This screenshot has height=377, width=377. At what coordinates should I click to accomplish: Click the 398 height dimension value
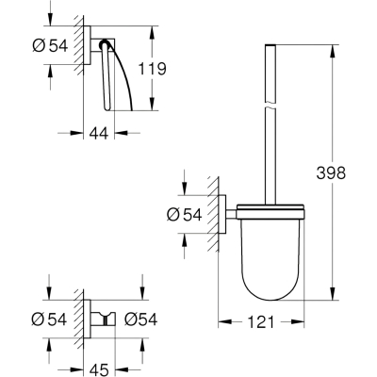tap(331, 172)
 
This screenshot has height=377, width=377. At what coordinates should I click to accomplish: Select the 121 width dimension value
tap(261, 321)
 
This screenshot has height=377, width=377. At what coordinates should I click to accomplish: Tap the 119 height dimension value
tap(153, 69)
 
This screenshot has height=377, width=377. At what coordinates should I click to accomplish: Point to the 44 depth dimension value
tap(99, 133)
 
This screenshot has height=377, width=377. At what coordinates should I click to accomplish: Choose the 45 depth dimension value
tap(99, 369)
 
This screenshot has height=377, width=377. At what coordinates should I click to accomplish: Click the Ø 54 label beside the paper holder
tap(50, 45)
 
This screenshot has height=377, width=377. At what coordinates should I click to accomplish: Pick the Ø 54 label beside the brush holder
tap(184, 215)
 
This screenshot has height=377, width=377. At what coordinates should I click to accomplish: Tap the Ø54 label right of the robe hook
tap(140, 320)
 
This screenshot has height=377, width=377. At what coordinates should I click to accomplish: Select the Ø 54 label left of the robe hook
tap(49, 320)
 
